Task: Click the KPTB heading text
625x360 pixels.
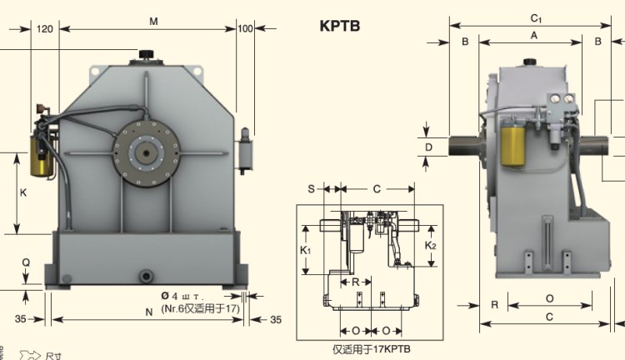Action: point(339,26)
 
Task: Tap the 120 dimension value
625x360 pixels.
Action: point(45,27)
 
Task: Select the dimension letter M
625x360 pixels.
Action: point(153,21)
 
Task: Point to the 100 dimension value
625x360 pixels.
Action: point(245,27)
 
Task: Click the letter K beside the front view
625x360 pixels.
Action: point(23,192)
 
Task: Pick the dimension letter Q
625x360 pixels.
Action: point(26,262)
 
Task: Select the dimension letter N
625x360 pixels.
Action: point(148,312)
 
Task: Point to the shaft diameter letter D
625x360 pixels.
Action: point(429,147)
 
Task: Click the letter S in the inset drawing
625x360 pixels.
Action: point(310,189)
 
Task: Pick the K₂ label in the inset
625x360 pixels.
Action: point(430,246)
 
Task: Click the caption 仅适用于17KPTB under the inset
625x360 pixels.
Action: point(372,347)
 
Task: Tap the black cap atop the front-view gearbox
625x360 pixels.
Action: point(148,56)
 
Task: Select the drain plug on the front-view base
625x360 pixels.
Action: point(147,275)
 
